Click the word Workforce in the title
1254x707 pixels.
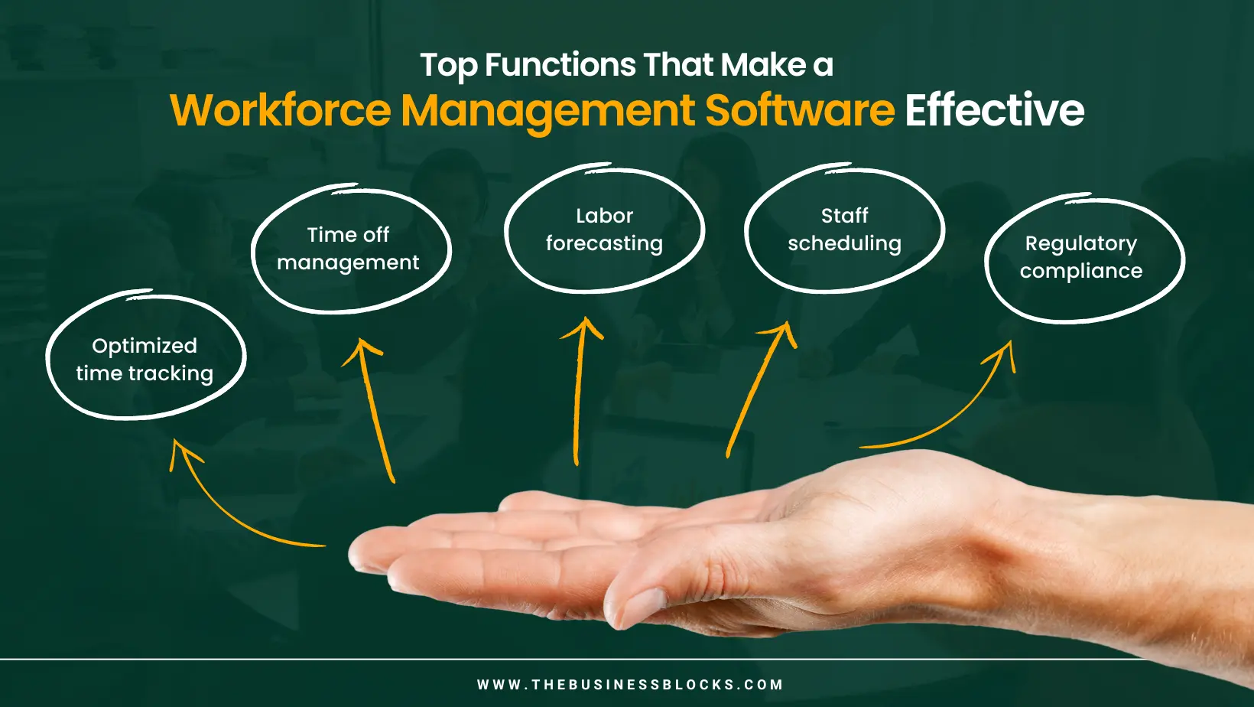pos(281,110)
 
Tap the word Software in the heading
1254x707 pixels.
pos(800,109)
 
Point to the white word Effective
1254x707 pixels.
pos(994,109)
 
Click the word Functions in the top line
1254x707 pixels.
pos(560,65)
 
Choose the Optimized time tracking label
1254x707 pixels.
pos(145,360)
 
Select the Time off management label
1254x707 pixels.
pos(348,248)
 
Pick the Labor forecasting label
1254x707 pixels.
pos(604,229)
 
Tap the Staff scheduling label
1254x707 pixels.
pos(844,229)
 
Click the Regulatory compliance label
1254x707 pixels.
pos(1081,256)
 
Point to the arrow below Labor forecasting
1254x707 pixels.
pos(578,393)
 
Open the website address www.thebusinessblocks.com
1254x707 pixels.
pos(630,685)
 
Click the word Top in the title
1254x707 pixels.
pos(448,66)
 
